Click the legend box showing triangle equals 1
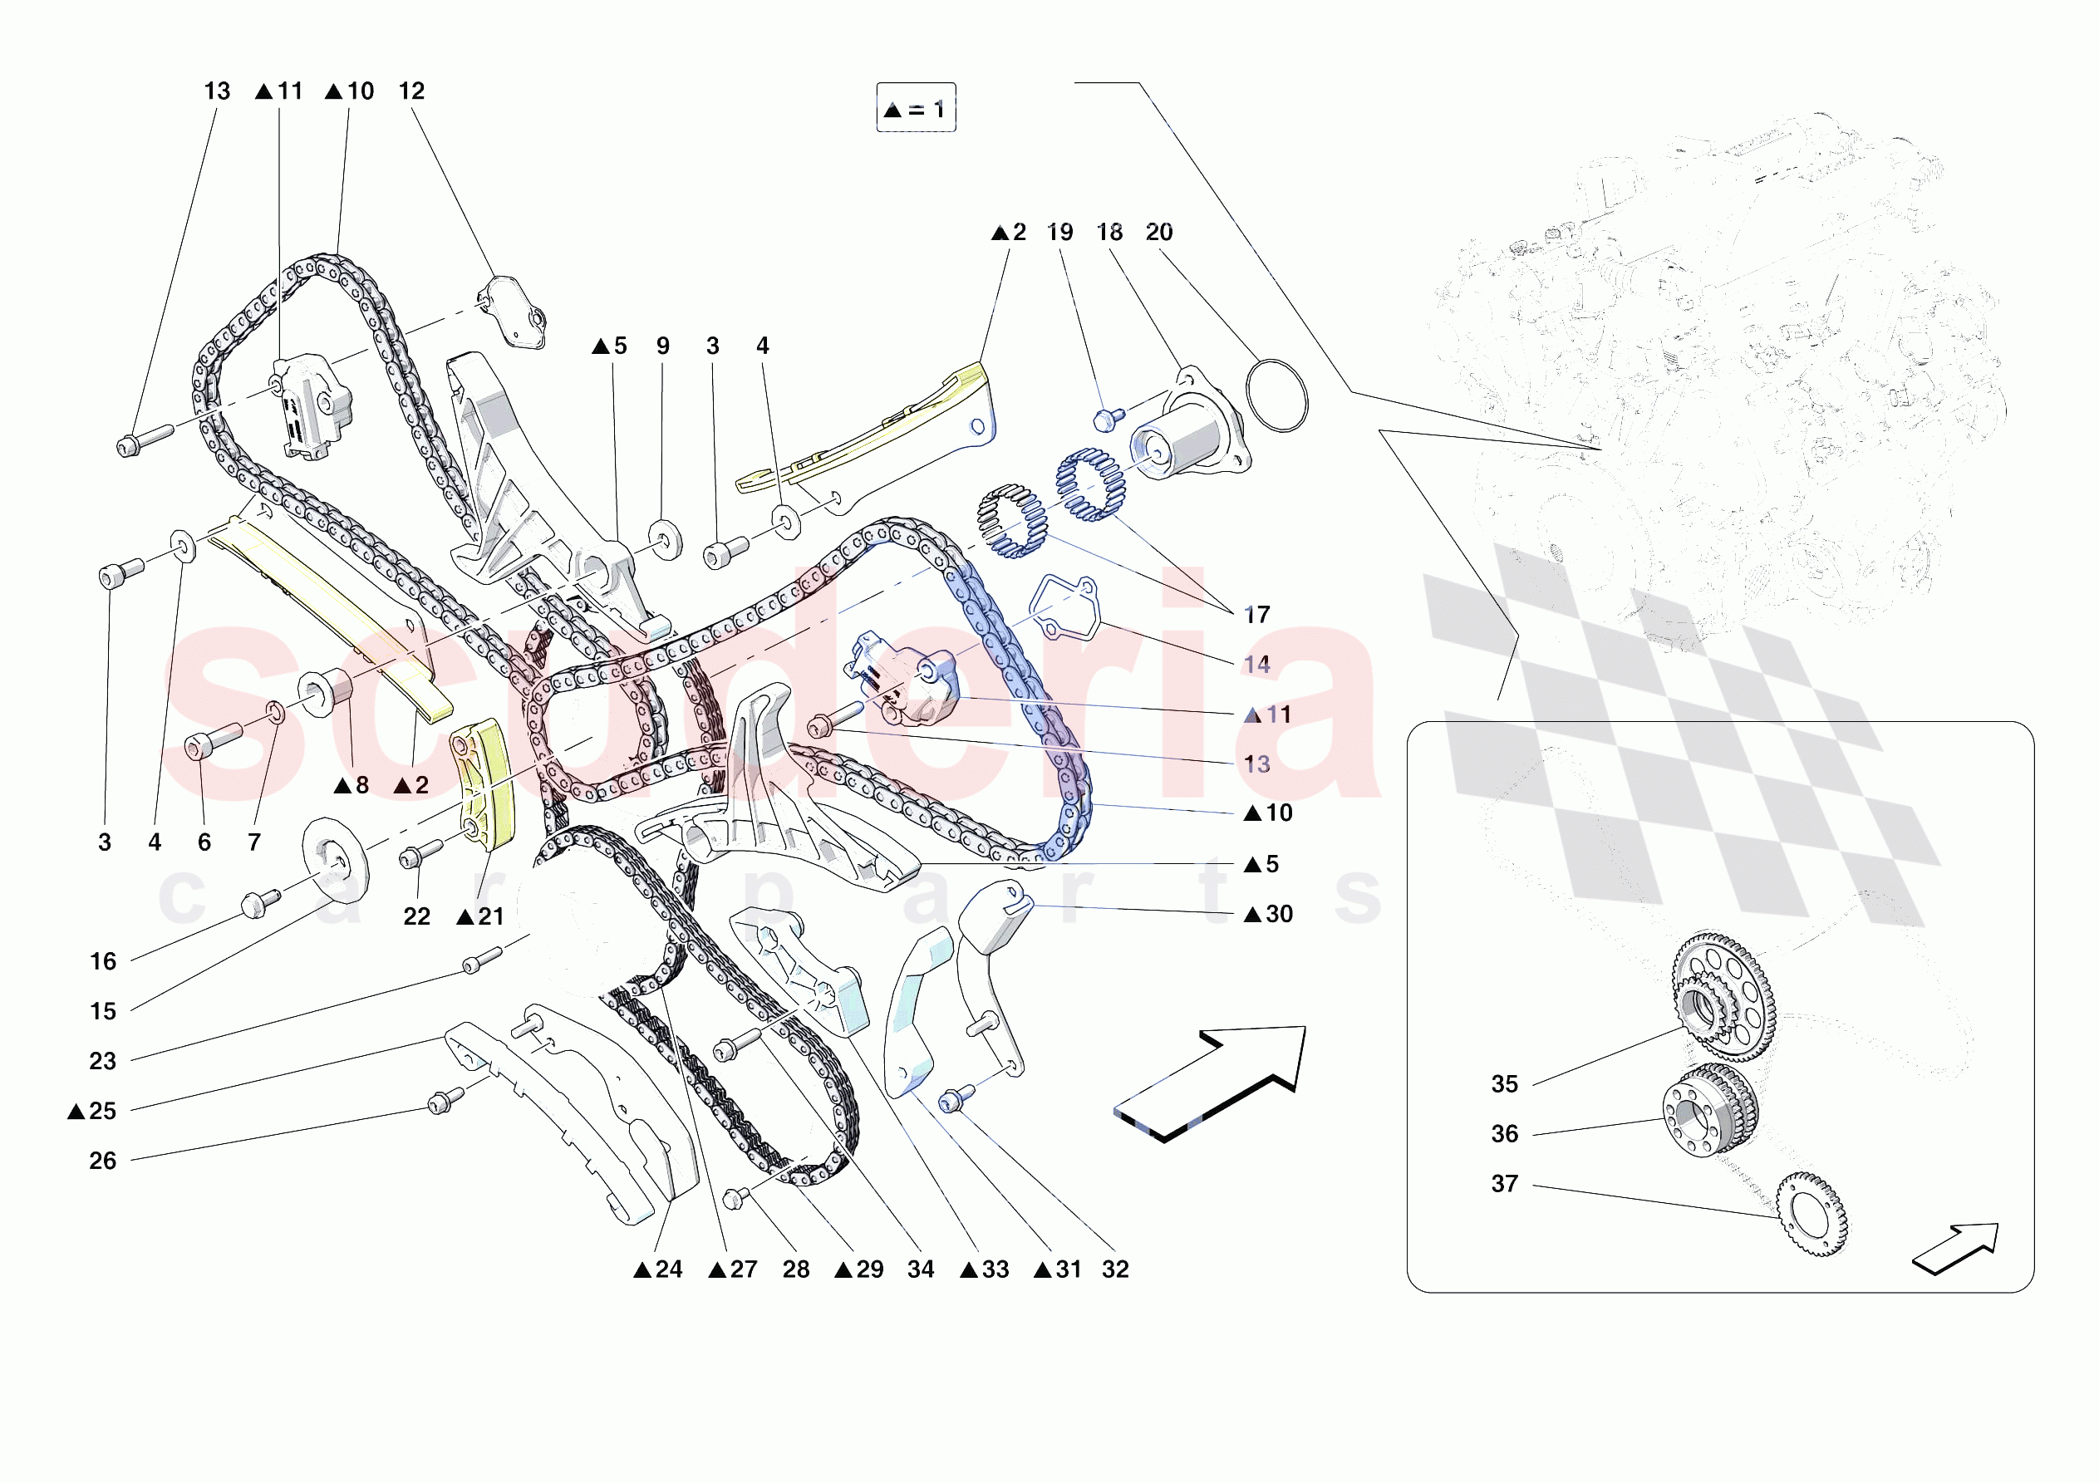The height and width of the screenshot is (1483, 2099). point(915,108)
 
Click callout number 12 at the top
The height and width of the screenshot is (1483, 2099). point(411,91)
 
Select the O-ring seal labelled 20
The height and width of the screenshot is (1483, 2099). point(1277,395)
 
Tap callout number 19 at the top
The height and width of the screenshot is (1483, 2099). point(1059,233)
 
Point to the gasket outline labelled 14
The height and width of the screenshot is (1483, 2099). point(1065,606)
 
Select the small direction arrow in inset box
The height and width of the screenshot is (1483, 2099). point(1957,1247)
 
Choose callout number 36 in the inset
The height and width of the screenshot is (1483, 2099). point(1504,1134)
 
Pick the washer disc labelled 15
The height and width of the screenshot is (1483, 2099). point(335,859)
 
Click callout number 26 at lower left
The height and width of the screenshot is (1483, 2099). point(102,1161)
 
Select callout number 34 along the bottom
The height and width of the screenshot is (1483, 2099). point(920,1269)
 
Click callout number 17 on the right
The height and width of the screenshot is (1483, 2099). point(1257,615)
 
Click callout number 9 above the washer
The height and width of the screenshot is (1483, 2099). point(663,346)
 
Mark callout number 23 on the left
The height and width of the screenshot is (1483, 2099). point(102,1062)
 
